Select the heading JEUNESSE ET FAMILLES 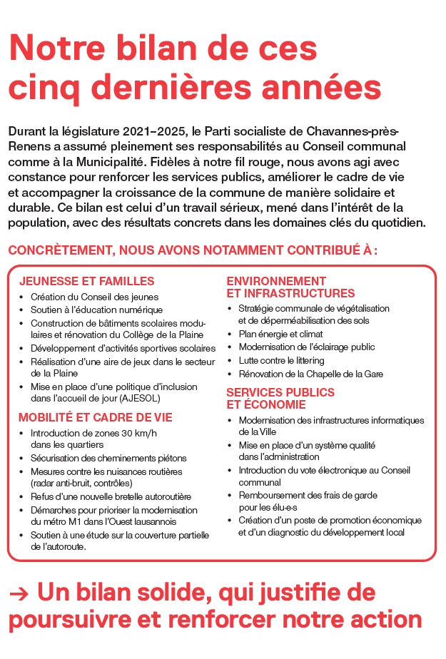pyautogui.click(x=86, y=281)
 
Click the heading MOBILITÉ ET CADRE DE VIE pyautogui.click(x=95, y=417)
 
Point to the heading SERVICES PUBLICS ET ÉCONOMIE pyautogui.click(x=280, y=399)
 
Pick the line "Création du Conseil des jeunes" pyautogui.click(x=94, y=297)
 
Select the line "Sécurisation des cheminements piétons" pyautogui.click(x=108, y=458)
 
